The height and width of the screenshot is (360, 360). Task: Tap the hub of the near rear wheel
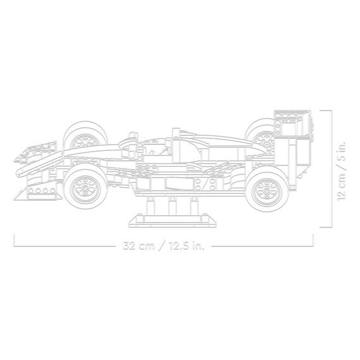tap(267, 191)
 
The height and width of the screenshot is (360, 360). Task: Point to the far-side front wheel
tap(85, 135)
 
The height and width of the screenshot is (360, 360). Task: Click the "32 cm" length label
tap(139, 246)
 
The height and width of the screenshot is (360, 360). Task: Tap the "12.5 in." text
tap(186, 246)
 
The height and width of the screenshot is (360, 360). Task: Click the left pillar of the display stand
tap(150, 205)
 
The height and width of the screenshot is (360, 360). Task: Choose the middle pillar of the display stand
tap(172, 205)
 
